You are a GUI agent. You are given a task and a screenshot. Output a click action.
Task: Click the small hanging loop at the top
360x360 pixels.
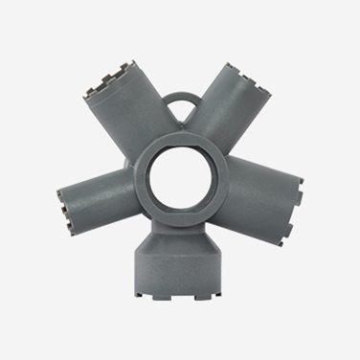tap(180, 96)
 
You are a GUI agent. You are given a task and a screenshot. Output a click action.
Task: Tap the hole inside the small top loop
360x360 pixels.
tap(180, 105)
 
